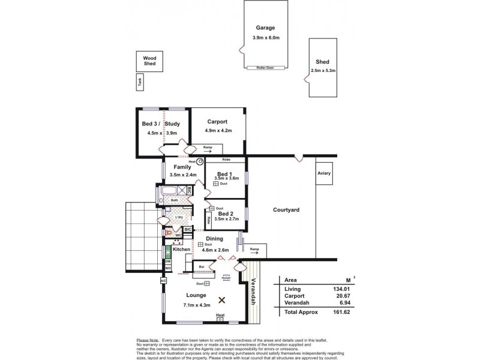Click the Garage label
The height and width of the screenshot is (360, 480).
[x=265, y=28]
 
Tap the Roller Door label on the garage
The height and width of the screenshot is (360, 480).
[x=265, y=68]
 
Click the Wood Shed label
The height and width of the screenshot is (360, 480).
[x=149, y=61]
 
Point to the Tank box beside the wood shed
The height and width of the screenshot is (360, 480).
[x=139, y=83]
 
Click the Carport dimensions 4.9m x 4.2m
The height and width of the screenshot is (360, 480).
[x=219, y=130]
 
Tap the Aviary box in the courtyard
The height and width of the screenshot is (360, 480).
[x=325, y=173]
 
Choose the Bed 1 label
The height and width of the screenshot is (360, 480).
[x=226, y=172]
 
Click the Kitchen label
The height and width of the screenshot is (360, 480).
[x=181, y=248]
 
